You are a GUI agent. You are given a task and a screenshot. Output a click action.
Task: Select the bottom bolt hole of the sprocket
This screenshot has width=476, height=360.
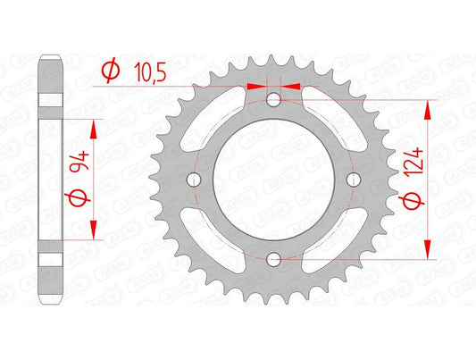pos(273,260)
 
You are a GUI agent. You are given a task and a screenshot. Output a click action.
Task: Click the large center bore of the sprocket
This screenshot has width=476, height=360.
pos(273,180)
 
